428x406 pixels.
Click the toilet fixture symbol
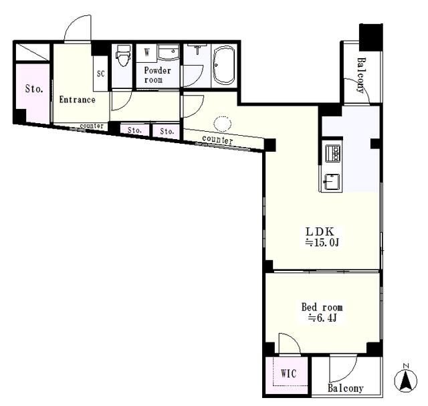[122, 56]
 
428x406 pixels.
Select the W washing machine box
[146, 52]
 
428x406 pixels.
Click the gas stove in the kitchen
[333, 153]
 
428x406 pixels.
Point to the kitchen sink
[332, 182]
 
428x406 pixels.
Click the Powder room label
[158, 75]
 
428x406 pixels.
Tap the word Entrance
[78, 100]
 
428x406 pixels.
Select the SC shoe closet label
[101, 74]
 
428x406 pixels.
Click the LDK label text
[320, 231]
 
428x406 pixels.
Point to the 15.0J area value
[322, 242]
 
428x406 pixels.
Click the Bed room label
[322, 307]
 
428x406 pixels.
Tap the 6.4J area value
[322, 318]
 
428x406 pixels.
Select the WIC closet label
[288, 373]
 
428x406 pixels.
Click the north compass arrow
[406, 381]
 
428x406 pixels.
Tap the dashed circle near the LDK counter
[223, 124]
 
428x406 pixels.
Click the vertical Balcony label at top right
[361, 76]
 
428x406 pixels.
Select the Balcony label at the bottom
[346, 388]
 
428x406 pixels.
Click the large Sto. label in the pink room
[34, 89]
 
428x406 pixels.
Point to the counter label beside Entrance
[92, 126]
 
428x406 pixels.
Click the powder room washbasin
[169, 52]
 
